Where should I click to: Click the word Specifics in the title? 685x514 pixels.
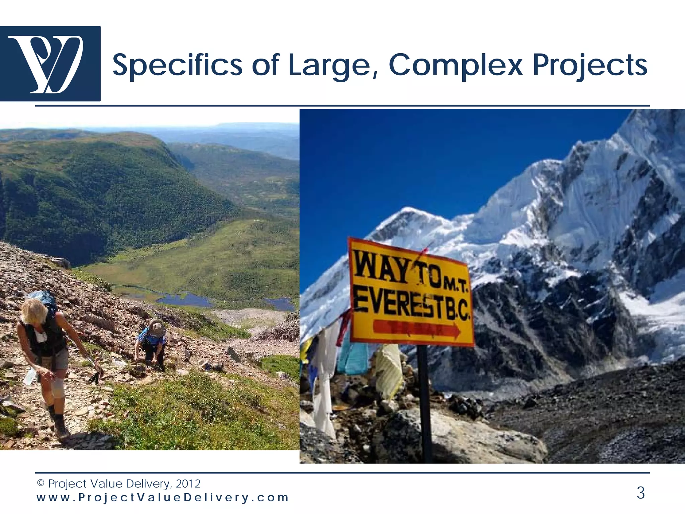tap(177, 65)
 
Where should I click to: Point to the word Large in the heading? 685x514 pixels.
tap(333, 65)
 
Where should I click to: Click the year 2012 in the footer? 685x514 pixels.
tap(188, 484)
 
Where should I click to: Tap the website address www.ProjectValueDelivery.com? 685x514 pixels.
tap(163, 498)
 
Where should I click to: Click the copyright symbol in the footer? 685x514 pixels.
tap(41, 483)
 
